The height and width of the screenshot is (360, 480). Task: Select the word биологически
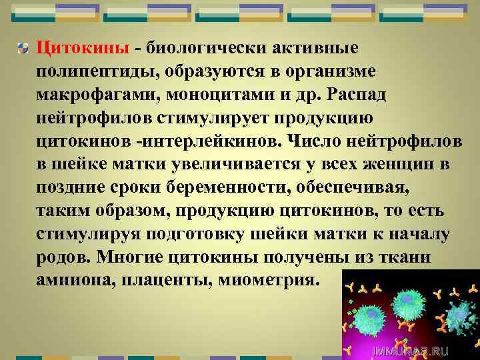[203, 48]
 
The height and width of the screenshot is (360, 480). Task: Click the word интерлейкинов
[222, 141]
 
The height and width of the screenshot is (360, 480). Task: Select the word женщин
[396, 164]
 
